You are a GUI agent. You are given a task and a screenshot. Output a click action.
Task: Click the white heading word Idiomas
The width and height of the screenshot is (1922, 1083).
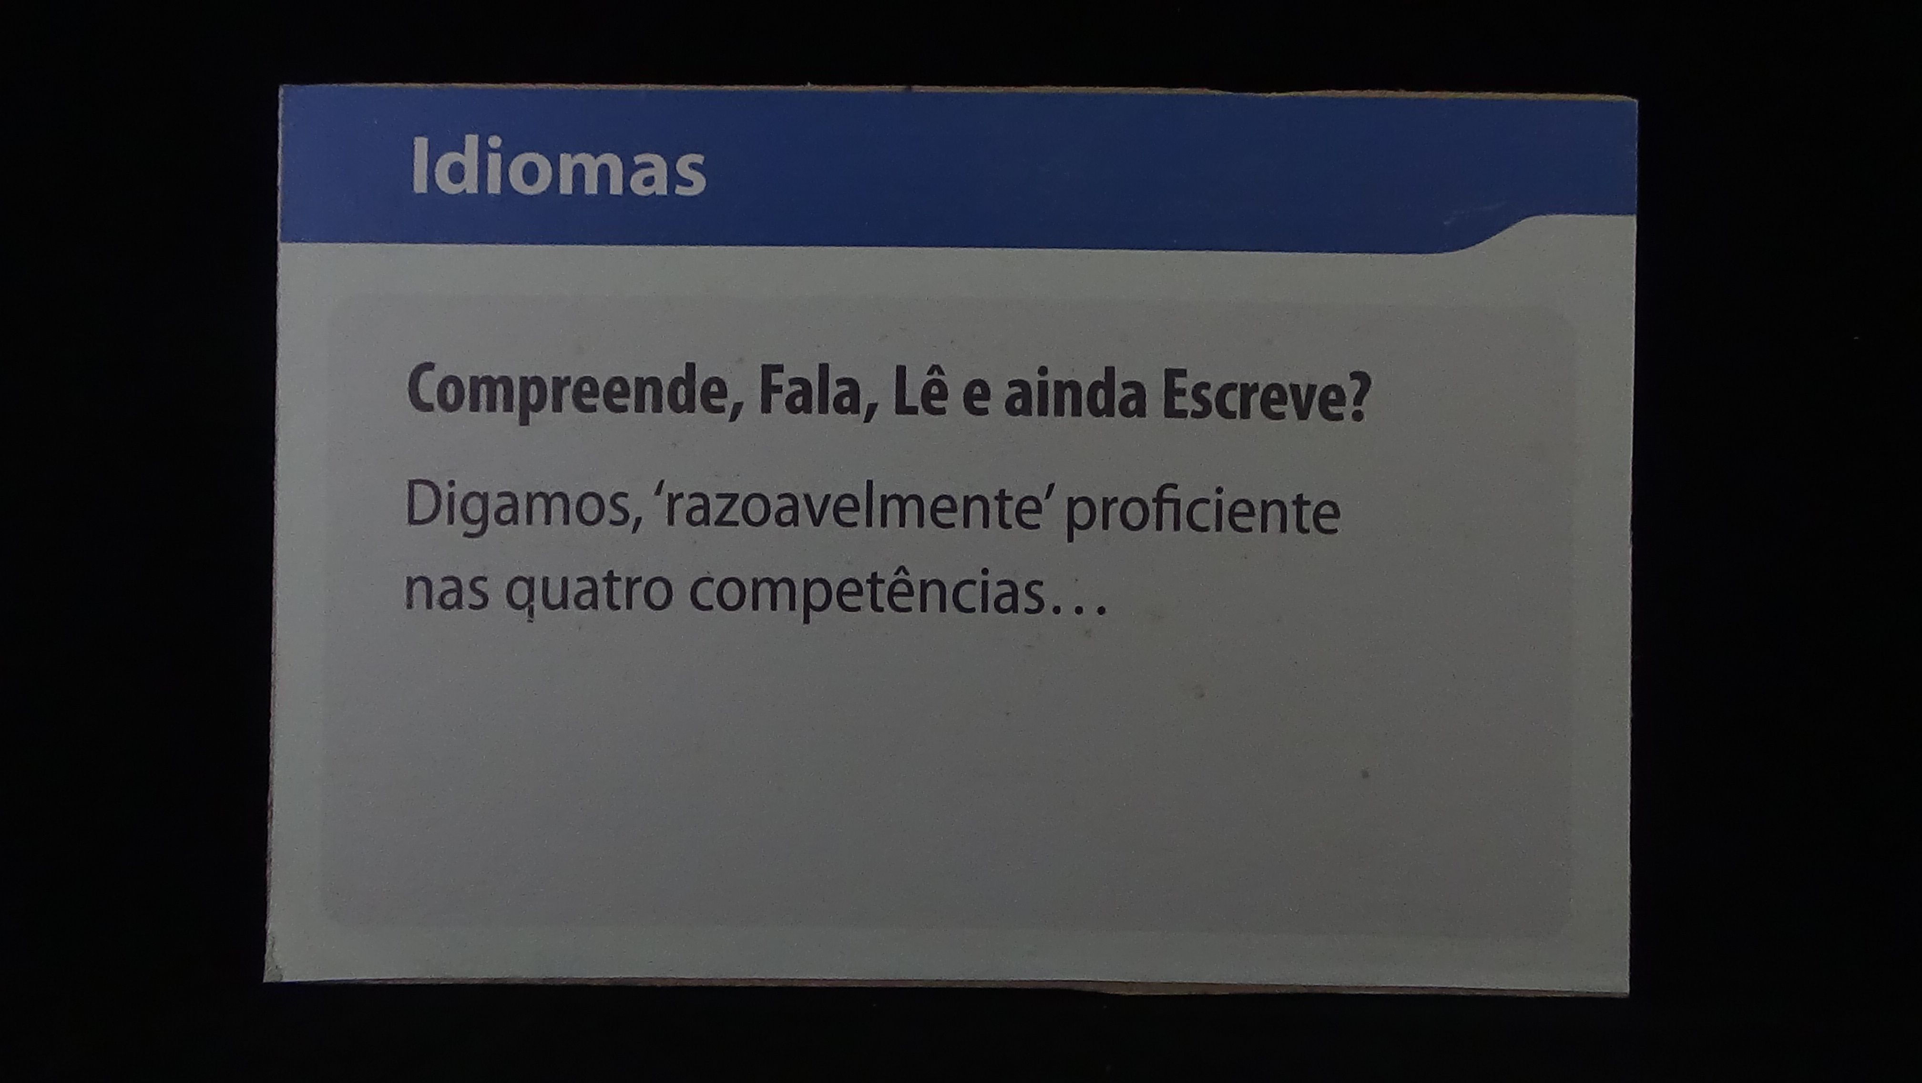(x=558, y=167)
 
